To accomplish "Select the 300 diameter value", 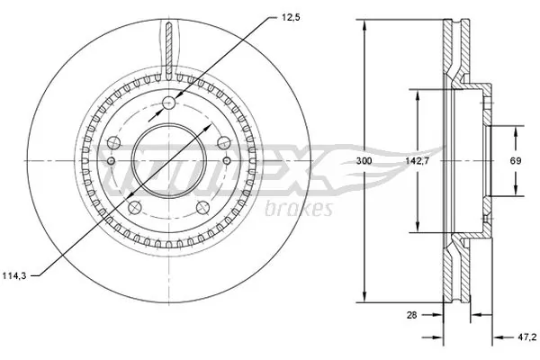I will [364, 160].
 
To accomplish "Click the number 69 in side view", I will [517, 160].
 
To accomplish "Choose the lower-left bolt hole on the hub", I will [134, 207].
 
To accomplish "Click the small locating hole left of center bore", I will [111, 161].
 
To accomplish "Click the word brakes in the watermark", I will [301, 209].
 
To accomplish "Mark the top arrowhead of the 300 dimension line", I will [364, 23].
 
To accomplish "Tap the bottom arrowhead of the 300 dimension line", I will [364, 298].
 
